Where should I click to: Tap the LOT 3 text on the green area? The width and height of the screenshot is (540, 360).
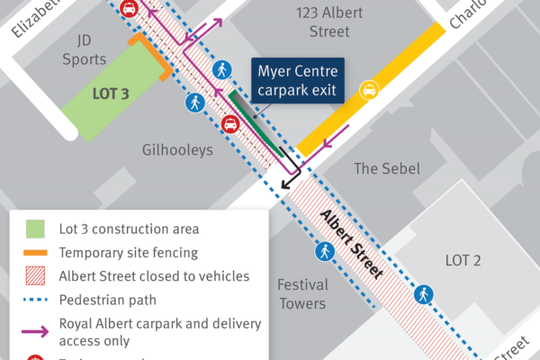point(112,93)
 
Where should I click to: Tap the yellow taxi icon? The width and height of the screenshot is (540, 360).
point(368,89)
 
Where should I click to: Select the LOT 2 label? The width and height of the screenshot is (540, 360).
point(463,261)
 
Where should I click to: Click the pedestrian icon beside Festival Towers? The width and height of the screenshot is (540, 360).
point(324,252)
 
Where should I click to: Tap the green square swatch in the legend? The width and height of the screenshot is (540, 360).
point(35,229)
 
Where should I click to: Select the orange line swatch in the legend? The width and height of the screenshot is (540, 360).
point(35,253)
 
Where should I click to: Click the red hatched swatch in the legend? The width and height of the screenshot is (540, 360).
point(35,276)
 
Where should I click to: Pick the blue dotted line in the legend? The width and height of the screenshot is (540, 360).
point(35,300)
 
